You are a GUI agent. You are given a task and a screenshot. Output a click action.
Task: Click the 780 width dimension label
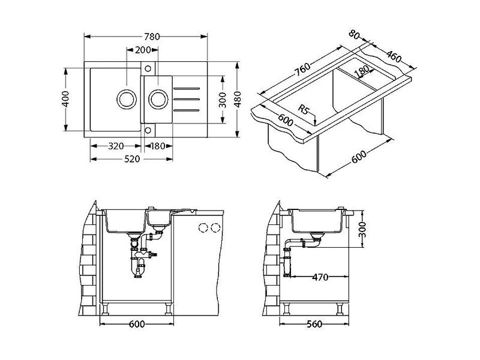coord(152,37)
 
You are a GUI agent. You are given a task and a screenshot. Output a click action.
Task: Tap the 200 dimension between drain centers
coord(143,50)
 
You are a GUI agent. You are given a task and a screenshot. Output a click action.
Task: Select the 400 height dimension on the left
coord(65,98)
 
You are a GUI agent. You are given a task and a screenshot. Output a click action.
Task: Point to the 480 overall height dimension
coord(238,99)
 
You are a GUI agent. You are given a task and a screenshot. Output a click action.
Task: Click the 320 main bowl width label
coord(116,146)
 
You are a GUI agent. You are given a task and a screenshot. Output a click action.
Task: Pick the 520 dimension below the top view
coord(132,159)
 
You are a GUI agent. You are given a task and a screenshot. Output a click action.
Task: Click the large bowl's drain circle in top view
coord(127,99)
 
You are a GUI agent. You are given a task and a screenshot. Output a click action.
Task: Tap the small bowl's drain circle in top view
coord(158,99)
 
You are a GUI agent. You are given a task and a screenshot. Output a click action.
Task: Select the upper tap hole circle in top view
coord(148,68)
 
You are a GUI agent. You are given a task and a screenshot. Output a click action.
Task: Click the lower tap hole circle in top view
coord(148,130)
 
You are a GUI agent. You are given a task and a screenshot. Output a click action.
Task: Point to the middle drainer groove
coord(187,99)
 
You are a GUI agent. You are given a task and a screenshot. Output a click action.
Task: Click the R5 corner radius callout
coord(304,109)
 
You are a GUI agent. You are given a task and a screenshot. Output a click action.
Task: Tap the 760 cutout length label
coord(302,70)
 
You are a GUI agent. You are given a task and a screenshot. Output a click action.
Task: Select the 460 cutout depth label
coord(394,56)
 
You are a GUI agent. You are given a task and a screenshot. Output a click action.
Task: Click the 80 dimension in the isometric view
coord(354,35)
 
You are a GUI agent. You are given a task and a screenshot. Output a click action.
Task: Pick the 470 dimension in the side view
coord(320,277)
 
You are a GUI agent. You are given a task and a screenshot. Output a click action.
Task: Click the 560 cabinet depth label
coord(314,324)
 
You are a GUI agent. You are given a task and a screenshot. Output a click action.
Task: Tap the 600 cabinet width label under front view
coord(137,324)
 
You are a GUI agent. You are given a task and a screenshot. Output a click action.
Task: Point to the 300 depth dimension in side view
coord(362,230)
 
